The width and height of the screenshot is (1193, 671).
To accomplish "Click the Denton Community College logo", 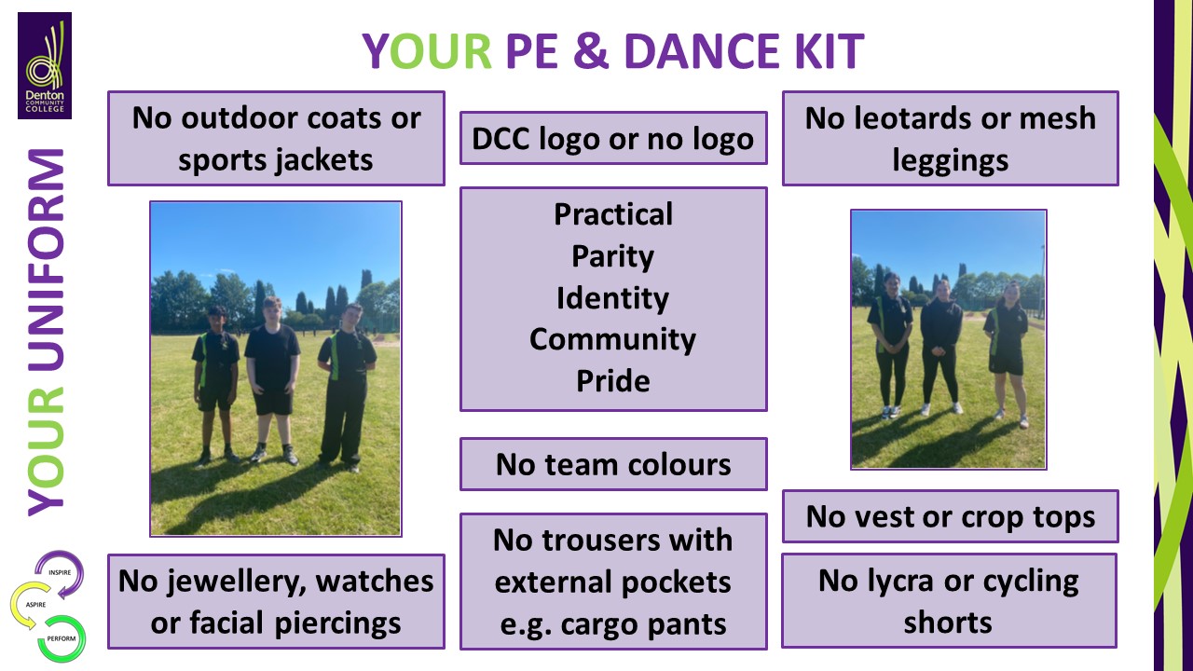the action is pyautogui.click(x=45, y=65).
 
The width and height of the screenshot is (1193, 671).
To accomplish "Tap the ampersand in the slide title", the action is pyautogui.click(x=590, y=51).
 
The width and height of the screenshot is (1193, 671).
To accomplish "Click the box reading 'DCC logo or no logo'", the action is pyautogui.click(x=613, y=138).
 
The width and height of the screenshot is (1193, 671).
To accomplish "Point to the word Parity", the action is pyautogui.click(x=612, y=256).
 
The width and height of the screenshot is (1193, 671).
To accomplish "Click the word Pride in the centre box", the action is pyautogui.click(x=613, y=381).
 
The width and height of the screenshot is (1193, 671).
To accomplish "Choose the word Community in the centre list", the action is pyautogui.click(x=612, y=340).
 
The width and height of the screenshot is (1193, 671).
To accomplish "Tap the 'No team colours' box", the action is pyautogui.click(x=613, y=464).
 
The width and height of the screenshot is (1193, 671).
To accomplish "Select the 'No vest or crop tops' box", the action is pyautogui.click(x=950, y=516).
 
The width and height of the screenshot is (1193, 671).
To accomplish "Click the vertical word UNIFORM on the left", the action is pyautogui.click(x=46, y=260).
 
